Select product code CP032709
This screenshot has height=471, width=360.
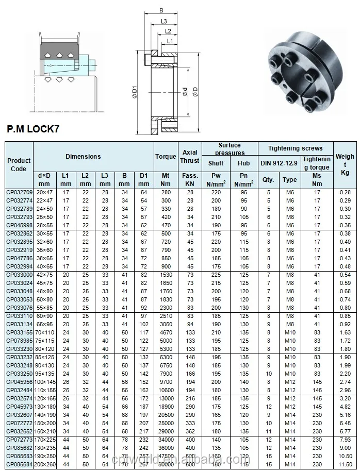pyautogui.click(x=19, y=192)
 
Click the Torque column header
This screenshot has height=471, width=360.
pyautogui.click(x=166, y=156)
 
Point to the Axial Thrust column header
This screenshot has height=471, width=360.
pyautogui.click(x=190, y=156)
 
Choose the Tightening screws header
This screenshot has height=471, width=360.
pyautogui.click(x=296, y=148)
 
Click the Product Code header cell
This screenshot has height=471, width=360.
pyautogui.click(x=19, y=164)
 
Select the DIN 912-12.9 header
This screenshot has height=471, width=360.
pyautogui.click(x=279, y=163)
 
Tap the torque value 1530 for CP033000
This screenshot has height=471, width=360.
pyautogui.click(x=166, y=275)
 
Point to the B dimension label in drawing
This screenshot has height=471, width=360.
pyautogui.click(x=162, y=9)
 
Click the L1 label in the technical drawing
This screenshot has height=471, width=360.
pyautogui.click(x=170, y=41)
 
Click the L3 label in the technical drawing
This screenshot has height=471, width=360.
pyautogui.click(x=163, y=21)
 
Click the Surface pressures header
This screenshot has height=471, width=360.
pyautogui.click(x=229, y=149)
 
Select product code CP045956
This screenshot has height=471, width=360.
pyautogui.click(x=19, y=381)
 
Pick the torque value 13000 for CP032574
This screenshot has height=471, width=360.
pyautogui.click(x=166, y=398)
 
